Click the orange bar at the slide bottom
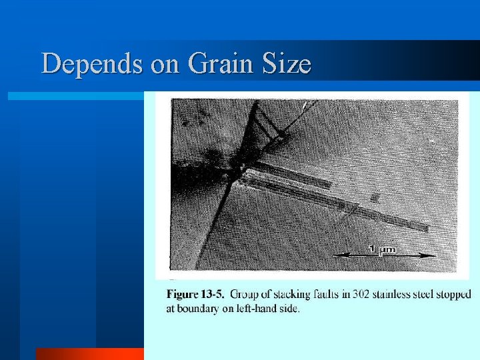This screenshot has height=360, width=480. [90, 354]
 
